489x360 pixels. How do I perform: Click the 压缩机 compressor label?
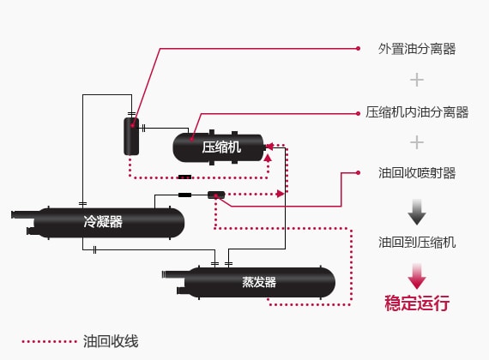point(221,147)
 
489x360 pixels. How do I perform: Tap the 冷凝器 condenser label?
point(103,222)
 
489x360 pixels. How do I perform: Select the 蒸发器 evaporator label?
point(259,282)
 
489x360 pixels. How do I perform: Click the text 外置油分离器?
point(417,49)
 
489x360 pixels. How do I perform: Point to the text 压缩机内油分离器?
point(417,112)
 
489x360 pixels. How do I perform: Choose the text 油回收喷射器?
point(417,173)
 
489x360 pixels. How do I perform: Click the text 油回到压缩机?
point(417,243)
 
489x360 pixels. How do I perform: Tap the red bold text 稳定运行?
point(417,303)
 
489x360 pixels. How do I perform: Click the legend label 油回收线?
point(111,341)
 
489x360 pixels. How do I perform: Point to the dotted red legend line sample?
point(49,342)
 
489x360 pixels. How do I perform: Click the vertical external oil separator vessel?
point(131,136)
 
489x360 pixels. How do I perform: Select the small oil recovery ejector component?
point(216,195)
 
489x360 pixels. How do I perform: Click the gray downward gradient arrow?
point(417,212)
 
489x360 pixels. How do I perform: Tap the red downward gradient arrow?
point(417,276)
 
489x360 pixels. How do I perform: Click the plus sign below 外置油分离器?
point(417,80)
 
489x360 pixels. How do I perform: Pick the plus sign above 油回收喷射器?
point(417,143)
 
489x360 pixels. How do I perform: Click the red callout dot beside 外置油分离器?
point(358,48)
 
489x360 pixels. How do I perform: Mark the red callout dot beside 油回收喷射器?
point(358,172)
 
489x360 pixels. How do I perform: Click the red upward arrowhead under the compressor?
point(268,158)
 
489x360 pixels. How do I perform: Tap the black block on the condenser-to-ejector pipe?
point(184,195)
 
